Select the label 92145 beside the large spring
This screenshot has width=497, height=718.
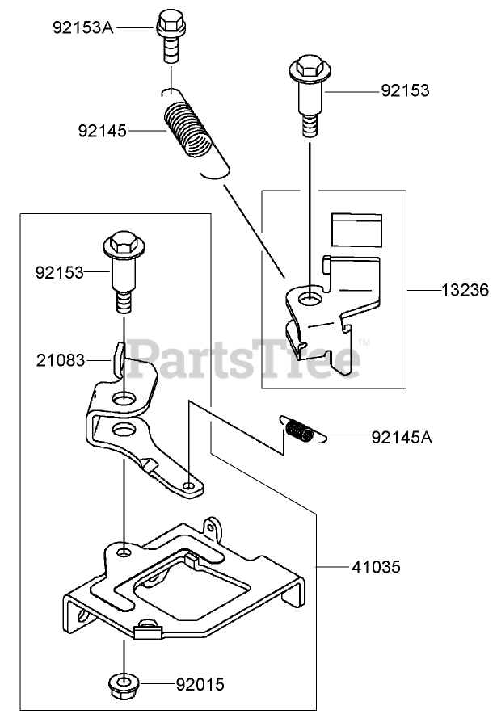104,130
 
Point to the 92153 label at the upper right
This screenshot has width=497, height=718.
405,90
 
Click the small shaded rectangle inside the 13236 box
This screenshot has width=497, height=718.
357,229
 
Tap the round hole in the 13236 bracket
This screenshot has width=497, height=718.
309,300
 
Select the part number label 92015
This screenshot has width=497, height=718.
200,687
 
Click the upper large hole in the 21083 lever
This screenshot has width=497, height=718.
124,398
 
